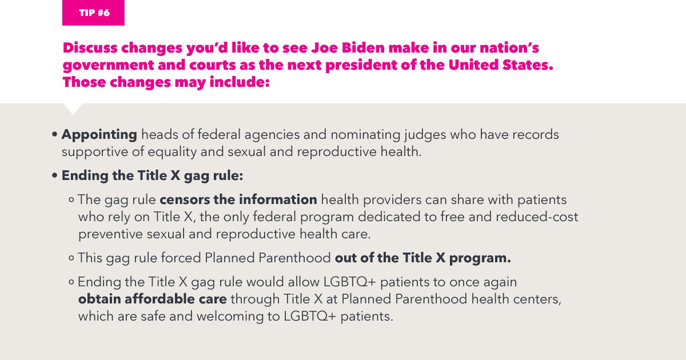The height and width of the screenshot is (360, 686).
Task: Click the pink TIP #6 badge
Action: (93, 13)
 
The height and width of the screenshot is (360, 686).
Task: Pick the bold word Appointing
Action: (99, 135)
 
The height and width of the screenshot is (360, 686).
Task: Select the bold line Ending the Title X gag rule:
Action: (152, 175)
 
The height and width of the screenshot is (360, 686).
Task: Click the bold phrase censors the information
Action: (238, 200)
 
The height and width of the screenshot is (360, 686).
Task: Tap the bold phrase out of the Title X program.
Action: (423, 258)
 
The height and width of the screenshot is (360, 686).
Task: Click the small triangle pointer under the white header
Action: (73, 109)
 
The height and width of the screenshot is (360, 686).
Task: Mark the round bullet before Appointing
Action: (54, 135)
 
